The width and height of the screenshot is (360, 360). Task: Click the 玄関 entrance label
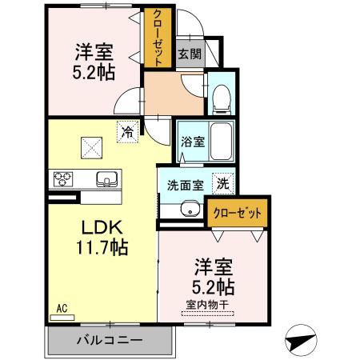point(189,54)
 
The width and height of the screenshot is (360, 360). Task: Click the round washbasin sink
point(189,210)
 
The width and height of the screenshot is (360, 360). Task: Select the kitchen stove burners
point(63,178)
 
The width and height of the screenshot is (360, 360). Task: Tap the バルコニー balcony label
point(110,339)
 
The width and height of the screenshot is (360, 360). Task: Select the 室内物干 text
point(206,303)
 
